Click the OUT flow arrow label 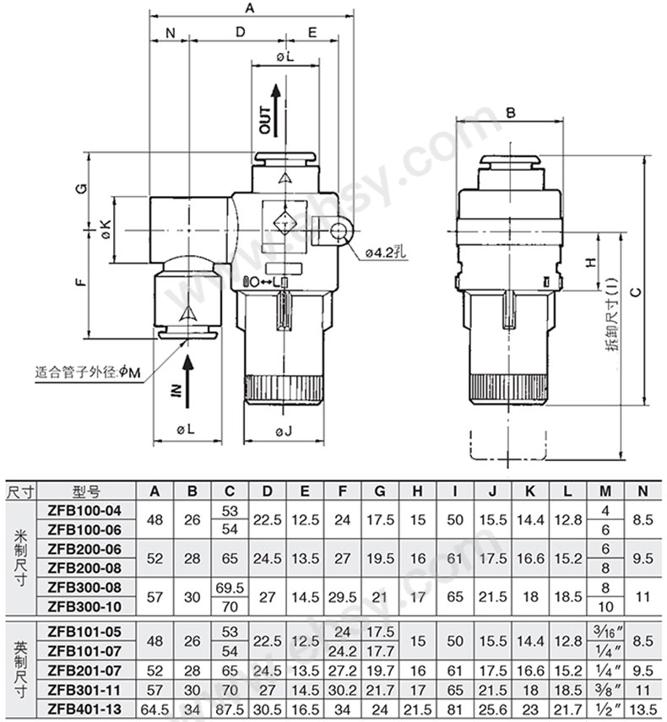266,120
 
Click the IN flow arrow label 177,390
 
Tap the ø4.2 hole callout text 386,252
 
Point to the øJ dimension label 284,432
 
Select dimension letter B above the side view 511,112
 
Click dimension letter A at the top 250,8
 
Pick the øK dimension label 106,229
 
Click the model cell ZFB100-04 84,511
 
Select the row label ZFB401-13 84,708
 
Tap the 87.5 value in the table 230,709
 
